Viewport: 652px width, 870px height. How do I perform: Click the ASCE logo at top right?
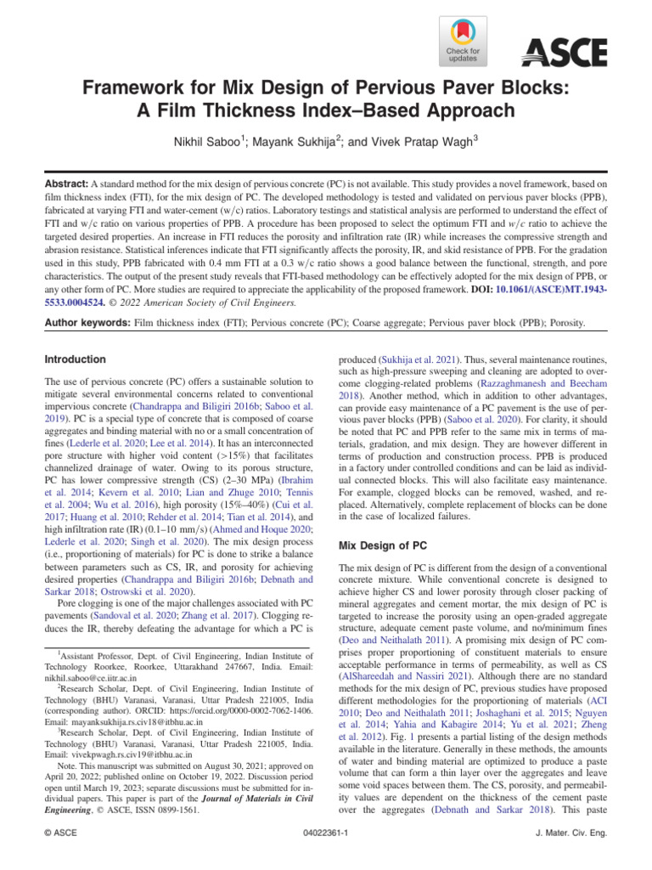(x=565, y=52)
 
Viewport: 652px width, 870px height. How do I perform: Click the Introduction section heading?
(x=76, y=359)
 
